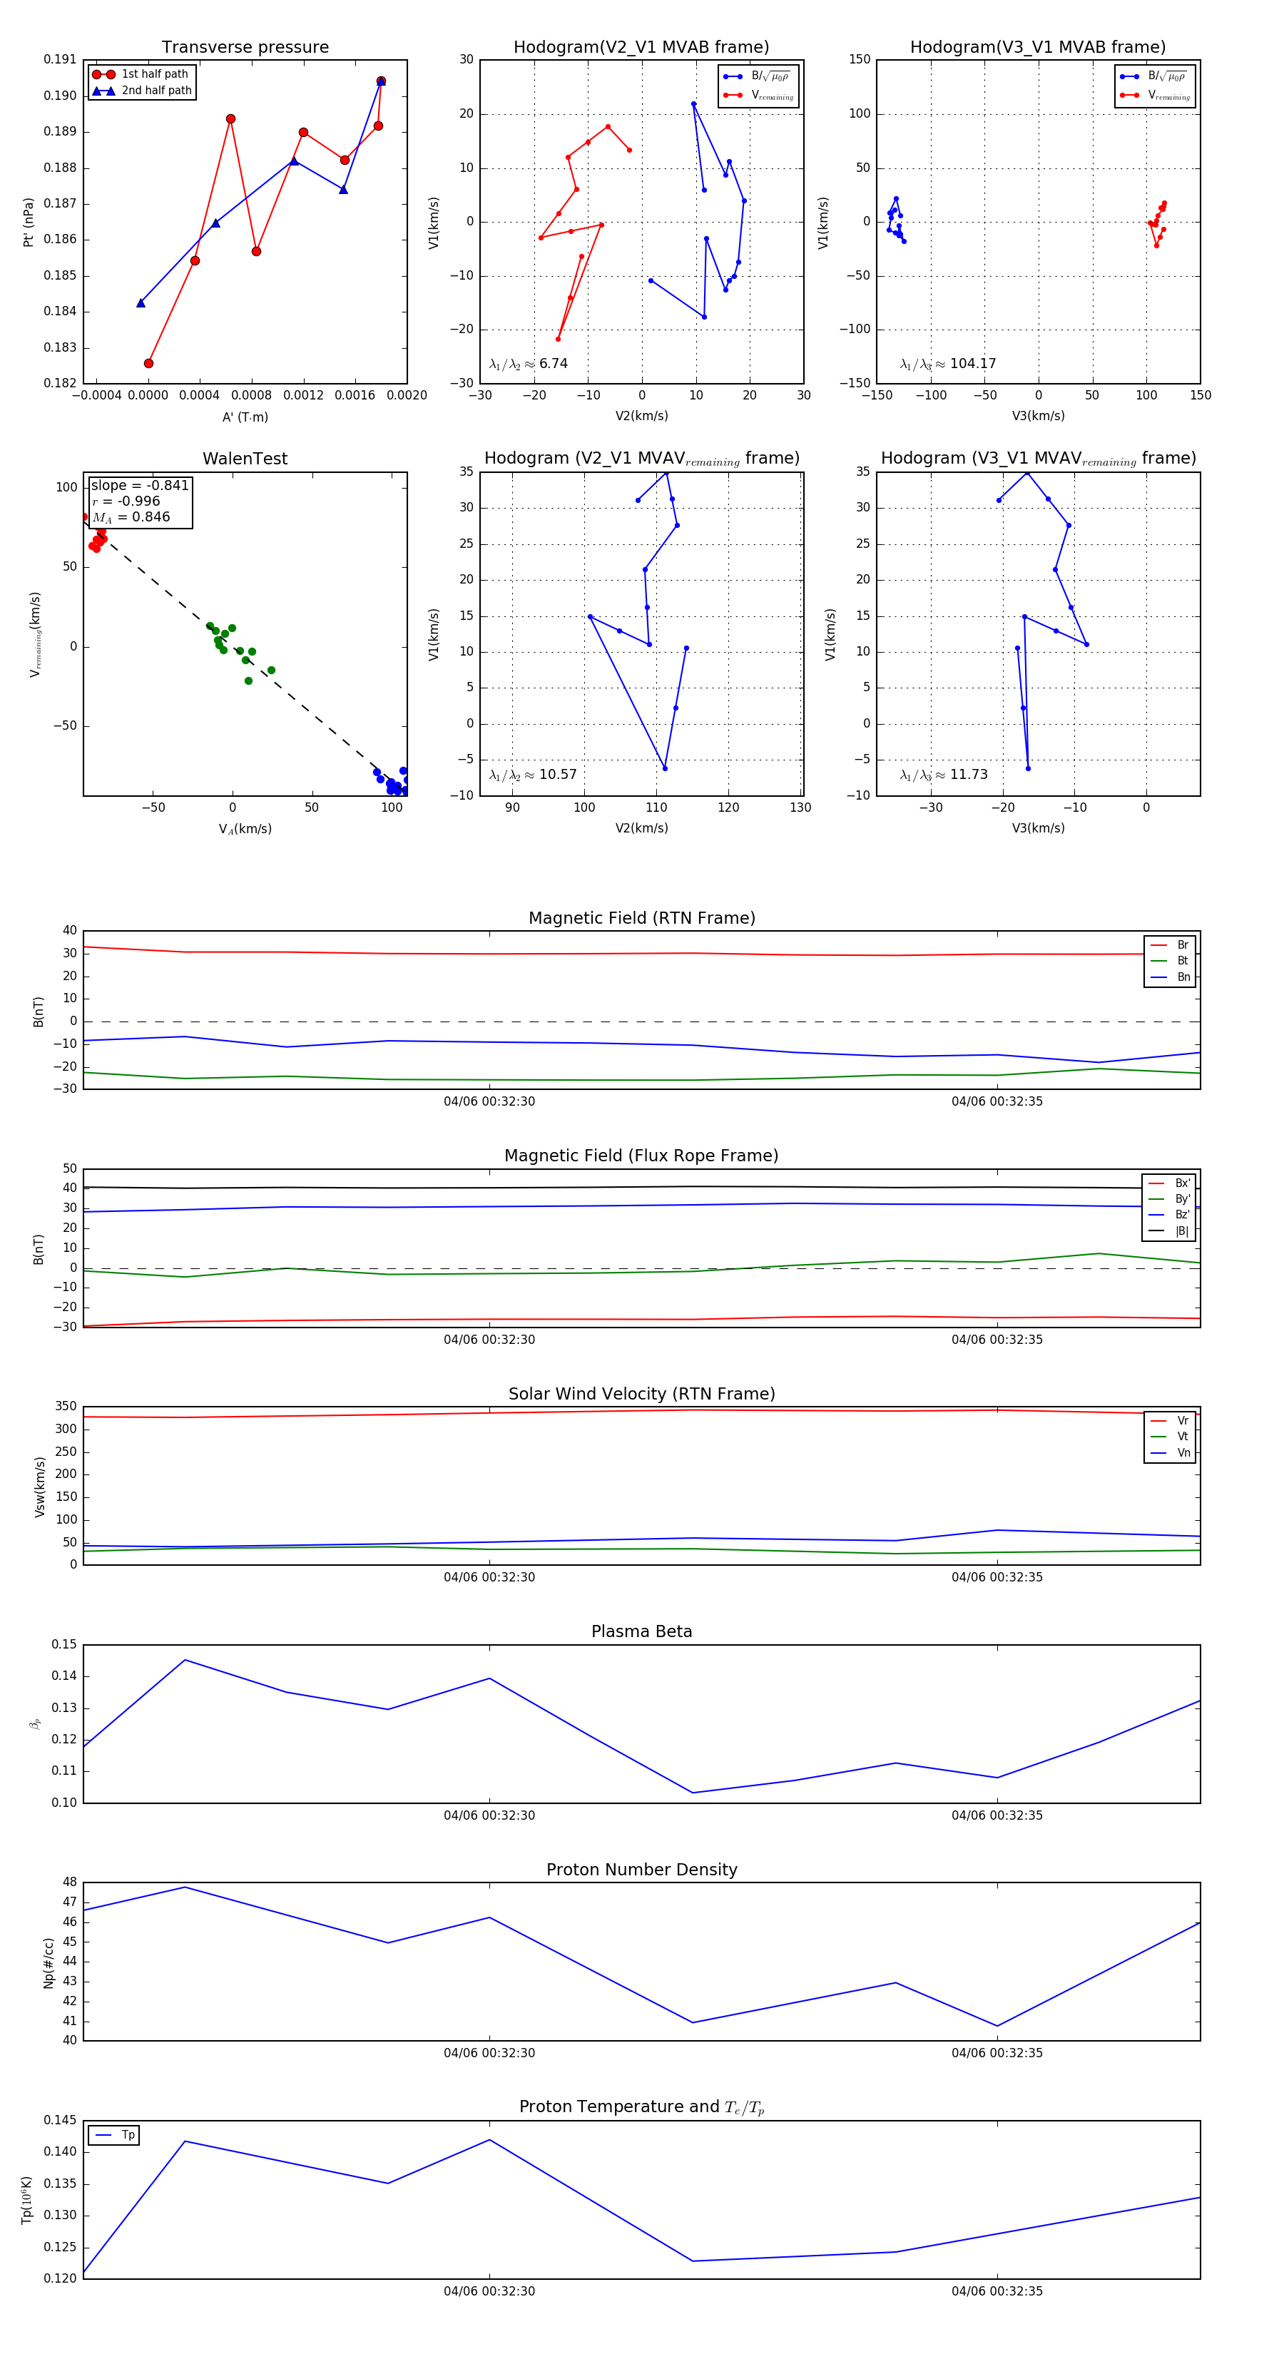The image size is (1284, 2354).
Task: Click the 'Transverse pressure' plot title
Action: pos(245,48)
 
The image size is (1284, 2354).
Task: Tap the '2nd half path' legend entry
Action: pos(156,91)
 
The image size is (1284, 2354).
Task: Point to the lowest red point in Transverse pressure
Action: pos(149,363)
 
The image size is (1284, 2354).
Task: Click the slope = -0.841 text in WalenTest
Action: pos(140,485)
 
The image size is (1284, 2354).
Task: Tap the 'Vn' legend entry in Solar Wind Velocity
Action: pos(1183,1453)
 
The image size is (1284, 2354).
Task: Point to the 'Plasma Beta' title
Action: pos(641,1631)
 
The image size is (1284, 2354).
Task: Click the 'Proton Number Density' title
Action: pos(641,1870)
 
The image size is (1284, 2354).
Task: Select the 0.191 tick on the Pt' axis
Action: pos(61,59)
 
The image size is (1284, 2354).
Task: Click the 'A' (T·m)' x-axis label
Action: pos(245,417)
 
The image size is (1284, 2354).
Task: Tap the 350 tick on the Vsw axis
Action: pos(66,1407)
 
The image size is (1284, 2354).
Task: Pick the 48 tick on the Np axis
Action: pos(71,1882)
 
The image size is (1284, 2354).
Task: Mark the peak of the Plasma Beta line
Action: pos(185,1659)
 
